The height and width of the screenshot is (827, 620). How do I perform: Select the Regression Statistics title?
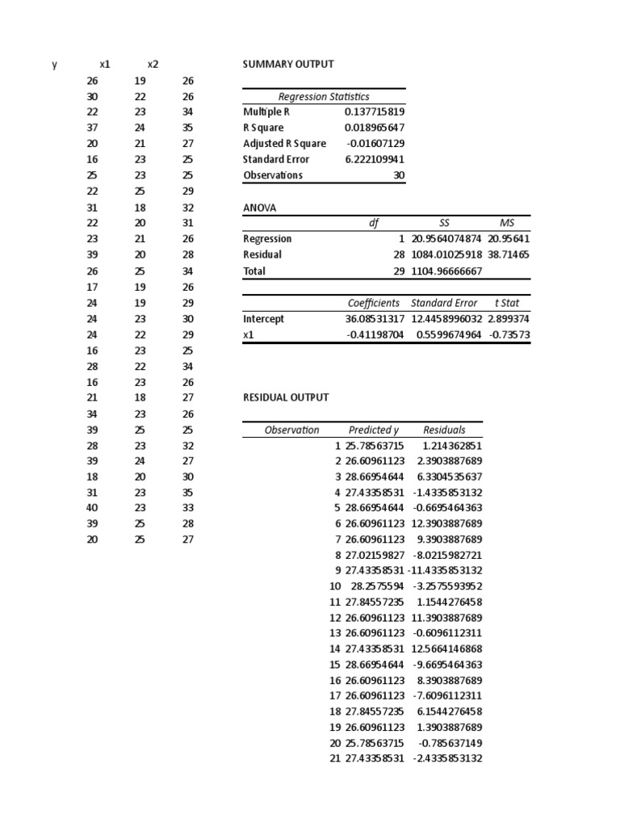tap(324, 97)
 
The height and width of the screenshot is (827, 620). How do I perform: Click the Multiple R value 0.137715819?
tap(374, 112)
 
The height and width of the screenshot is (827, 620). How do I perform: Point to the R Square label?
tap(263, 128)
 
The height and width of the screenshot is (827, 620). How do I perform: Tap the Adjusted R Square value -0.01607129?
tap(374, 144)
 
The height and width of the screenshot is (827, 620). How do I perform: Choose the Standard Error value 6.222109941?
tap(374, 159)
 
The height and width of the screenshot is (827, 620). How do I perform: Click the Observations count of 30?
tap(398, 175)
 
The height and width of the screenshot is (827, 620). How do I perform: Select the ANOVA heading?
tap(259, 208)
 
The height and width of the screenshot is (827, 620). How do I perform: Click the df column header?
tap(372, 223)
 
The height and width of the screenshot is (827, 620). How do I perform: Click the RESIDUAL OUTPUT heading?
tap(286, 397)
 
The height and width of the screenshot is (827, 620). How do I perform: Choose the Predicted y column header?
tap(374, 430)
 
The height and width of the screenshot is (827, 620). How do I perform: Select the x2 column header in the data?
tap(153, 65)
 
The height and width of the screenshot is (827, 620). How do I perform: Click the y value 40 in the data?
tap(92, 508)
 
